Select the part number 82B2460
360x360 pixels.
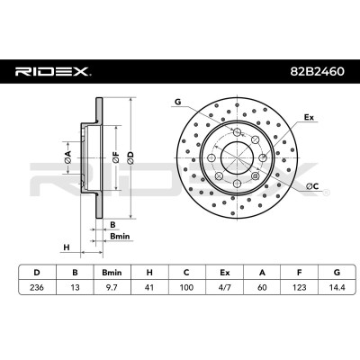tap(317, 71)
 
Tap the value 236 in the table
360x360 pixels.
tap(37, 287)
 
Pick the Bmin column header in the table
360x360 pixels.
tap(112, 273)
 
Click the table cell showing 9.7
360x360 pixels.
tap(112, 287)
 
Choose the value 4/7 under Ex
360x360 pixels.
tap(224, 287)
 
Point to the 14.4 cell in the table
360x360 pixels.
tap(337, 287)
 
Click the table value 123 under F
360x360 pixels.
tap(300, 287)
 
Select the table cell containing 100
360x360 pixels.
tap(186, 287)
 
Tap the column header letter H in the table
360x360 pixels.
tap(149, 273)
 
